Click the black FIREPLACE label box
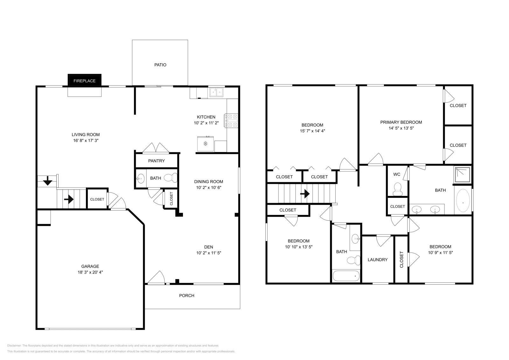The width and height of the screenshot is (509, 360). (84, 80)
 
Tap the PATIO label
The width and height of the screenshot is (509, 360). (160, 65)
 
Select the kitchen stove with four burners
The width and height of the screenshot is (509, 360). (232, 121)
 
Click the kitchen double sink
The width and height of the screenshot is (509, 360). (216, 92)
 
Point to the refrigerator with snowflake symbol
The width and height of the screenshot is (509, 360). (206, 144)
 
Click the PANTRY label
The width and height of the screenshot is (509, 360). (157, 161)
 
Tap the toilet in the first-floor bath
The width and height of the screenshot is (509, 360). (171, 177)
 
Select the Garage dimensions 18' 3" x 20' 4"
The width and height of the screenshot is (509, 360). (90, 272)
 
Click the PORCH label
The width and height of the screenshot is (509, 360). (187, 296)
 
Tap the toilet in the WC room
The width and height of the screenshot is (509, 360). (397, 189)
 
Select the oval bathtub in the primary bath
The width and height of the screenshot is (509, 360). (463, 201)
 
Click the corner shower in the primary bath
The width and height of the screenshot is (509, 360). (462, 175)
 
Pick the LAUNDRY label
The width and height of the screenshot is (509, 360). (378, 260)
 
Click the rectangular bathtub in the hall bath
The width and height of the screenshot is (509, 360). (346, 276)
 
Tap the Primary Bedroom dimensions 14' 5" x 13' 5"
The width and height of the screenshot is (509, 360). (401, 128)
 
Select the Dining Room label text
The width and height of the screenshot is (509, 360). (209, 182)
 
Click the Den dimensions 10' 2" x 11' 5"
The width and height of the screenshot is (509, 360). (209, 253)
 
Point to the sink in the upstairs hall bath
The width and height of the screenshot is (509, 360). (356, 238)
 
